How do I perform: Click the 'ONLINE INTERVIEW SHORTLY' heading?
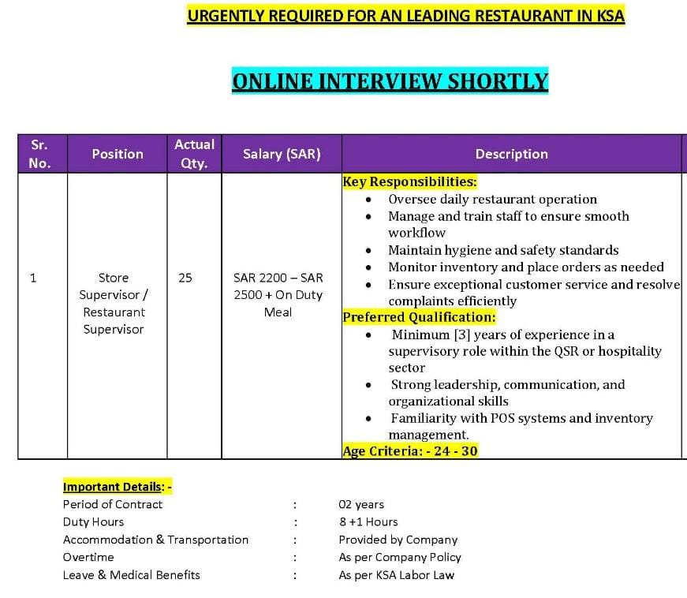390,81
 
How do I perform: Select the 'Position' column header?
118,154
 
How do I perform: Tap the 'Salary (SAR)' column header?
282,154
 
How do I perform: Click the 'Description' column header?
511,154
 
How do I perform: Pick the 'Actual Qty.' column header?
194,154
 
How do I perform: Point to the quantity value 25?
185,278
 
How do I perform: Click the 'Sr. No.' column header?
39,154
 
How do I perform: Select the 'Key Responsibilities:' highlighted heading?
409,181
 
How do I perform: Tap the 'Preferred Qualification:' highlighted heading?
419,317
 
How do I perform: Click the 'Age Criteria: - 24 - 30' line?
409,451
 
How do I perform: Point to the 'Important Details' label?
112,487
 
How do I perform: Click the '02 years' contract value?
361,504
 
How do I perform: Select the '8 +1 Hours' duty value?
368,521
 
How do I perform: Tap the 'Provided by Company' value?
398,540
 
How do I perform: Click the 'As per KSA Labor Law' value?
396,575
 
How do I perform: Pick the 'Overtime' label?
88,557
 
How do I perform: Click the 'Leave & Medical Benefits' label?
131,575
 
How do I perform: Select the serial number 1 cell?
33,278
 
